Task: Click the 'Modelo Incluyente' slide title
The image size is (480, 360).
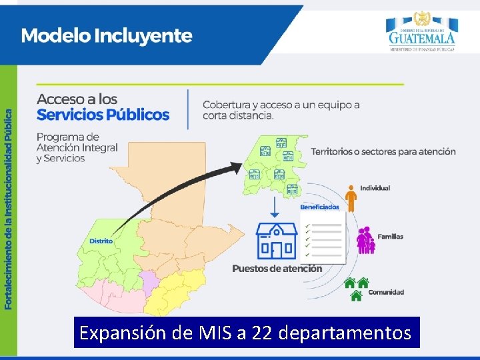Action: (x=107, y=36)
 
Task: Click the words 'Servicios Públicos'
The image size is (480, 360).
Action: (x=103, y=115)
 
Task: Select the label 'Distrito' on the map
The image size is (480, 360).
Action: (x=101, y=241)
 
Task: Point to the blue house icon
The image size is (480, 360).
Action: (x=277, y=241)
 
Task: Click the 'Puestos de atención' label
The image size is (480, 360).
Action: (x=277, y=269)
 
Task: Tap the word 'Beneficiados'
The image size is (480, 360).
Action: (x=319, y=207)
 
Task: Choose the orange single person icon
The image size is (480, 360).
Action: (x=351, y=198)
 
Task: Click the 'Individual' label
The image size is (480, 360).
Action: (x=375, y=188)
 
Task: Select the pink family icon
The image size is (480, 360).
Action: (x=365, y=241)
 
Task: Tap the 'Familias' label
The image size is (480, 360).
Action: (x=390, y=237)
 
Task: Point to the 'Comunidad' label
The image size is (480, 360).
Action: (x=386, y=292)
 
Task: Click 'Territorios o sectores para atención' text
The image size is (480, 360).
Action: (x=383, y=151)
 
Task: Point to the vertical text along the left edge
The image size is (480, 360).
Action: (x=9, y=200)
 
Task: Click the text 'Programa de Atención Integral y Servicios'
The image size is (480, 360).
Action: (x=77, y=147)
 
